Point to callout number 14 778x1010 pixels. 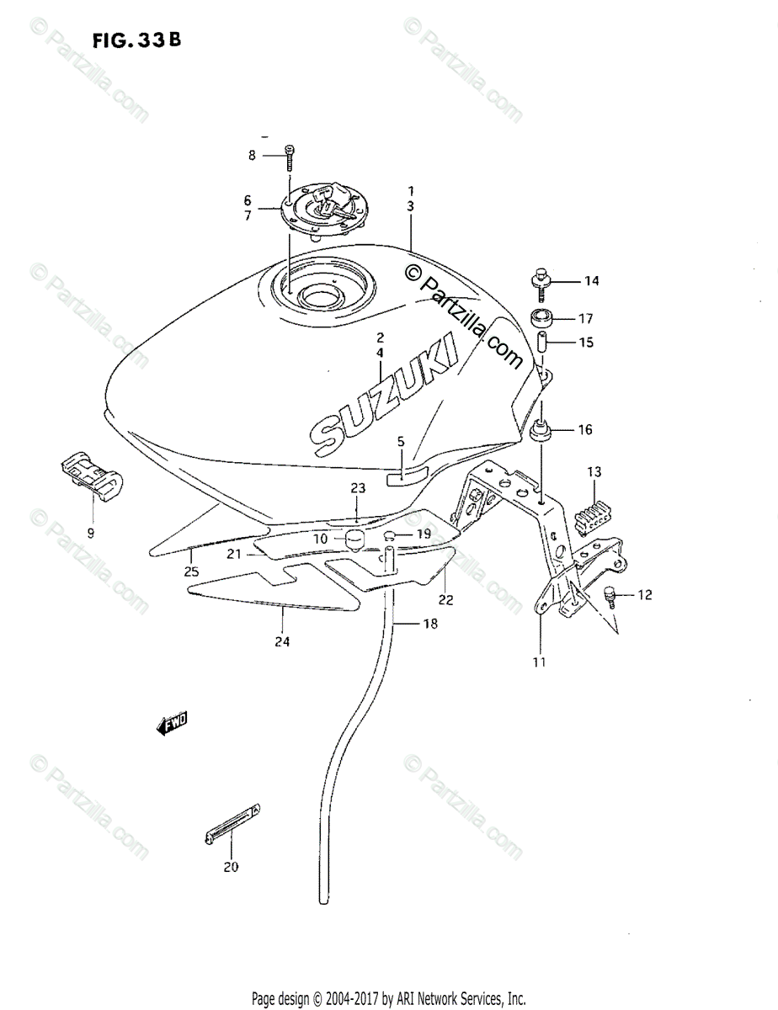591,281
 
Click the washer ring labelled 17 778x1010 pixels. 540,320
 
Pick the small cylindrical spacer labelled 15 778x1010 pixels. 542,343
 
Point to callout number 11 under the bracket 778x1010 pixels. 539,662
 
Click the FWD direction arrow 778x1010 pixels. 172,724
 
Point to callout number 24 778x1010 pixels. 281,641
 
